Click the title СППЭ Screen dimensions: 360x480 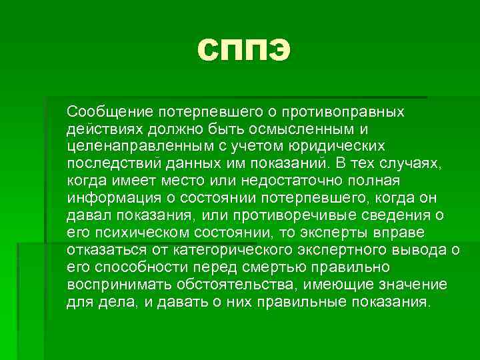click(x=244, y=51)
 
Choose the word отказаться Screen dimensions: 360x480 click(x=107, y=249)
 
